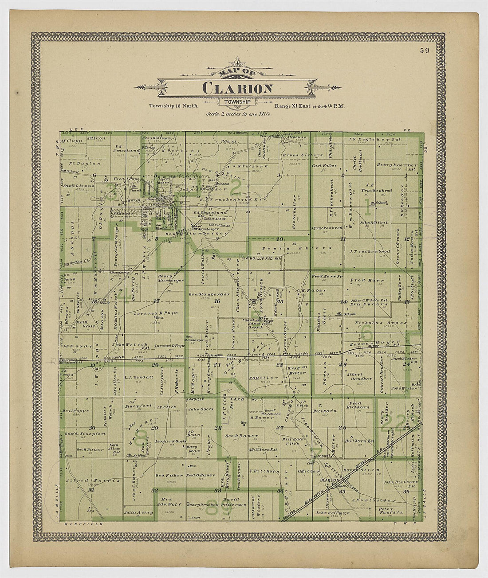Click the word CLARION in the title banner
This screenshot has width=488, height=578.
pos(238,88)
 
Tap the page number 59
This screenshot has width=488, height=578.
pos(425,51)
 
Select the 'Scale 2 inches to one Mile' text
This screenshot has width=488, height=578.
pos(238,113)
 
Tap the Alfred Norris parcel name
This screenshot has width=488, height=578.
pos(92,480)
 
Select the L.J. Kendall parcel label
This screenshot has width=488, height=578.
pos(133,377)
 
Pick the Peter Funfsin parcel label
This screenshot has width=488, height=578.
pos(391,511)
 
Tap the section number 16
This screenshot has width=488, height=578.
pos(217,301)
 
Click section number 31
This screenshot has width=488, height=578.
pos(92,490)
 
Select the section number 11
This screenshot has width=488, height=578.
pos(343,239)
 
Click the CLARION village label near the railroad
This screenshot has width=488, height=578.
pos(330,480)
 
